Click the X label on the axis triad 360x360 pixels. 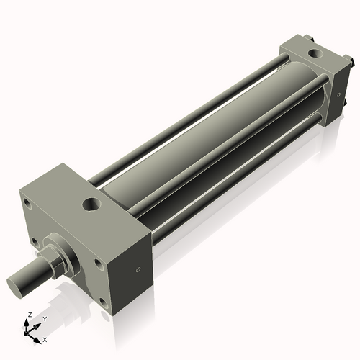tap(45, 338)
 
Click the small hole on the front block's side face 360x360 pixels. tap(138, 270)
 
